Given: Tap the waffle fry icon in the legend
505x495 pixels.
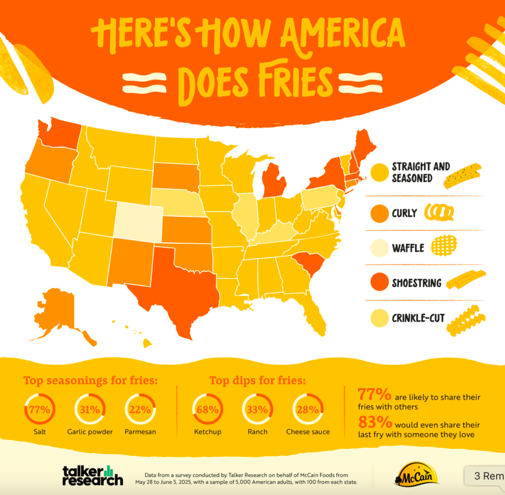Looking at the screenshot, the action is click(x=444, y=246).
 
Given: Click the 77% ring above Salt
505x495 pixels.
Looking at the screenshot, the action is click(x=39, y=410).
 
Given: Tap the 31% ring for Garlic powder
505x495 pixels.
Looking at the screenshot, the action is click(x=89, y=410).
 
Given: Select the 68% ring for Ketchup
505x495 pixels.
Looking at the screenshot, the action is click(x=207, y=410).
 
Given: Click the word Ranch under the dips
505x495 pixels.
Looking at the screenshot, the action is click(x=257, y=432).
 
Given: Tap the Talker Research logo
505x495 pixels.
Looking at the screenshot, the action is click(x=93, y=474).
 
